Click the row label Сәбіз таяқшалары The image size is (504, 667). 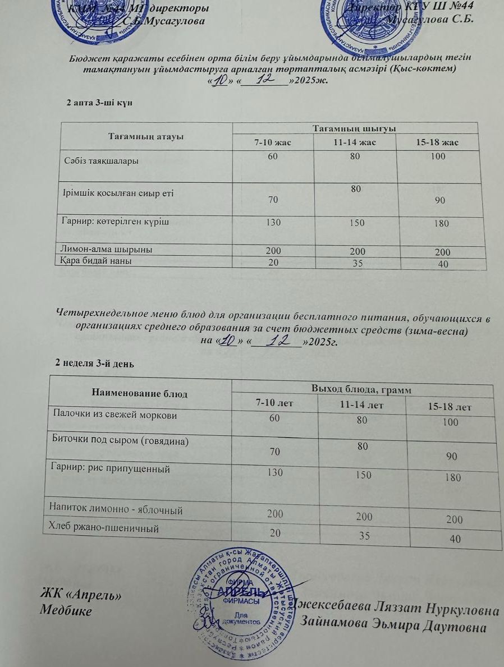tap(100, 161)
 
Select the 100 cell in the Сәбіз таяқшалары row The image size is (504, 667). tap(438, 157)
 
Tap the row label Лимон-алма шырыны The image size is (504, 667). tap(107, 250)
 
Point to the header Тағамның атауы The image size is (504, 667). tap(146, 136)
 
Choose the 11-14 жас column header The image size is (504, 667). tap(354, 142)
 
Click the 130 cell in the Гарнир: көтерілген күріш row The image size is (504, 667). tap(273, 222)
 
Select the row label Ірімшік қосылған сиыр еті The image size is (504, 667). tap(117, 193)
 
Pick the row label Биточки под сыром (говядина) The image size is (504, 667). tap(120, 441)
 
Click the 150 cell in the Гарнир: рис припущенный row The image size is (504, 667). tap(364, 475)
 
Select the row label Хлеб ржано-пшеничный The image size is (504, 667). tap(105, 528)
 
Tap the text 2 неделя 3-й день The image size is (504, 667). tap(94, 364)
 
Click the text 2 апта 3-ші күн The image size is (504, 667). tap(99, 103)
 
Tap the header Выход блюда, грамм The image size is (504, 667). tap(361, 389)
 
